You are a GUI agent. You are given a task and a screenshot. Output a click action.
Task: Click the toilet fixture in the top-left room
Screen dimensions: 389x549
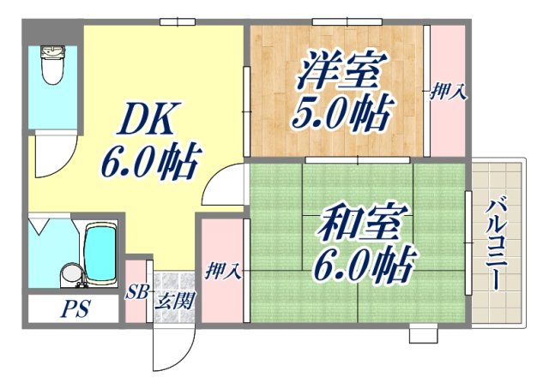51,66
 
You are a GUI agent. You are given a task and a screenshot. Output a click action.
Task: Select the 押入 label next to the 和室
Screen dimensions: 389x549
222,272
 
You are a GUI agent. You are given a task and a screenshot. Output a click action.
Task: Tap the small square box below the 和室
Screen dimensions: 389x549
423,334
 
